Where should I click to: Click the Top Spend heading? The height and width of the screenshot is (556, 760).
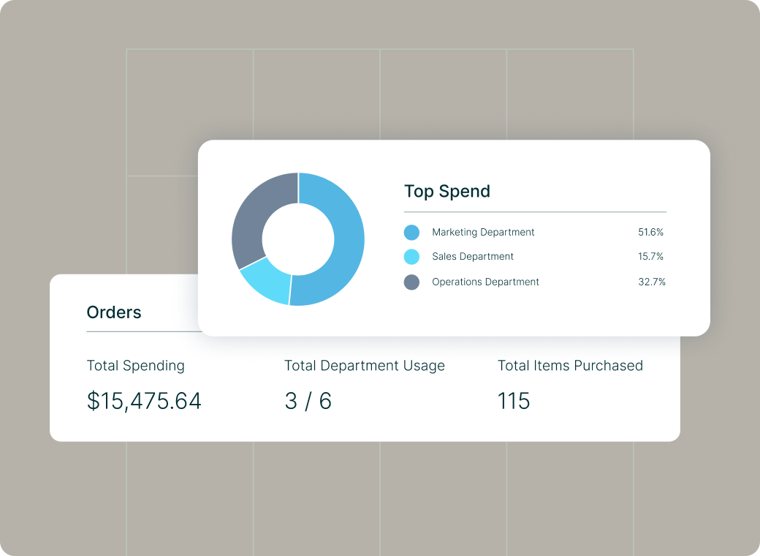pos(447,191)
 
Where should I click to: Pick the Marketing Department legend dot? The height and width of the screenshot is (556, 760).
pos(411,233)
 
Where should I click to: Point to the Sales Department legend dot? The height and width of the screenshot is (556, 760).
pos(411,257)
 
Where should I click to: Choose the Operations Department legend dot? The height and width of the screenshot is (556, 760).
pos(411,282)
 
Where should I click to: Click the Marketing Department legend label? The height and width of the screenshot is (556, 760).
pos(483,233)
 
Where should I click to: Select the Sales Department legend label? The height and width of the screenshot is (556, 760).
pos(473,256)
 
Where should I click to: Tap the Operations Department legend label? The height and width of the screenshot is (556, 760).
pos(485,282)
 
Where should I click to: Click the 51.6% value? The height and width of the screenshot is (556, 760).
pos(650,232)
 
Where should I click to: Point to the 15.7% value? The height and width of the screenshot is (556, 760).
pos(650,256)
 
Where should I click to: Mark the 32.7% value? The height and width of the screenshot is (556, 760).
pos(652,282)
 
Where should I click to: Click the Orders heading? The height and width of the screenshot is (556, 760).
pos(114,312)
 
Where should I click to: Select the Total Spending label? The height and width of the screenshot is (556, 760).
pos(136,366)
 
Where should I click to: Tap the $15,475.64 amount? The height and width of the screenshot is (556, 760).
pos(144,401)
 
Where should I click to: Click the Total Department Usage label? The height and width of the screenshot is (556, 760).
pos(365,366)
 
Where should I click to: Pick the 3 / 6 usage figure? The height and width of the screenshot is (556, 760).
pos(308,401)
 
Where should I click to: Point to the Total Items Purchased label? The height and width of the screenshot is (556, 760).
pos(570,365)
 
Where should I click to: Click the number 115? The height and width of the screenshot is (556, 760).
pos(514,401)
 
